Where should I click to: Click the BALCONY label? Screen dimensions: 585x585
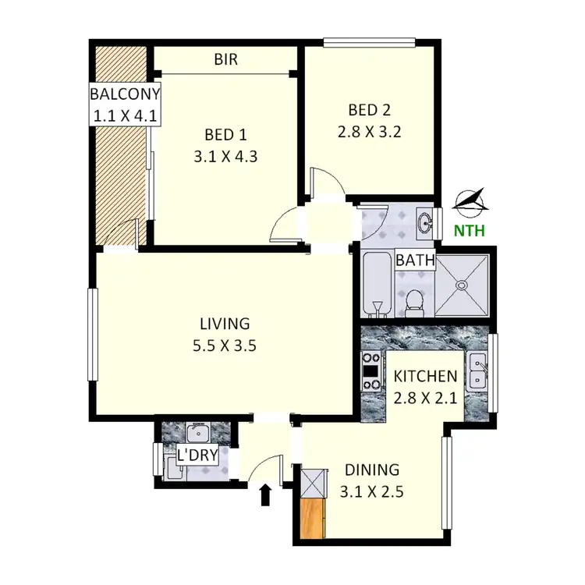tap(125, 95)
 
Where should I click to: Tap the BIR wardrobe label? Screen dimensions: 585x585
tap(226, 59)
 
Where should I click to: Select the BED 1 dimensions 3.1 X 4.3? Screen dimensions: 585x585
tap(225, 155)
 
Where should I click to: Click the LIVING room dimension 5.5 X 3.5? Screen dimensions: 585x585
tap(225, 346)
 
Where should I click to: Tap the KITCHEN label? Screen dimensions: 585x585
tap(425, 376)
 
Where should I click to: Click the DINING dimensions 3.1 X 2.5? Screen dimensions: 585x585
tap(372, 492)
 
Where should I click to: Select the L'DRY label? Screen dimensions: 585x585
tap(197, 456)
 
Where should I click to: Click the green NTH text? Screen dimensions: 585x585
tap(470, 230)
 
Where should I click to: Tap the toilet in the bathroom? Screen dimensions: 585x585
tap(414, 301)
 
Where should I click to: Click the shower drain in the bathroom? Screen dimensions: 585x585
tap(462, 285)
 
